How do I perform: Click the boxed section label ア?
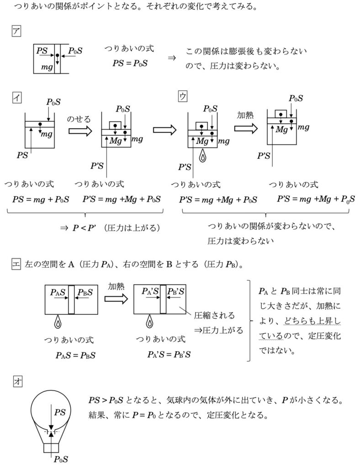point(16,31)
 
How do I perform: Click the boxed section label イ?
point(17,98)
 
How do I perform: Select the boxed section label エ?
point(16,264)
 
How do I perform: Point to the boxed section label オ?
point(18,381)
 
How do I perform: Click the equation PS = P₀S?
point(130,63)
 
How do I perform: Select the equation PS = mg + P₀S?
point(41,199)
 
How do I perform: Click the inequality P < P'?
point(84,229)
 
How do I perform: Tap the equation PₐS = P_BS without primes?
point(75,356)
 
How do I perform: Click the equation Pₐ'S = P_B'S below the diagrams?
point(169,355)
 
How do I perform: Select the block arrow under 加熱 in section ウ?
point(246,128)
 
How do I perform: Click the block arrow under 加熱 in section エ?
point(116,299)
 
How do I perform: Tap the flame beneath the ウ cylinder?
point(202,155)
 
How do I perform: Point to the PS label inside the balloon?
point(60,412)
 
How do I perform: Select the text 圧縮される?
point(214,315)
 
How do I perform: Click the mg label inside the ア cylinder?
point(47,67)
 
